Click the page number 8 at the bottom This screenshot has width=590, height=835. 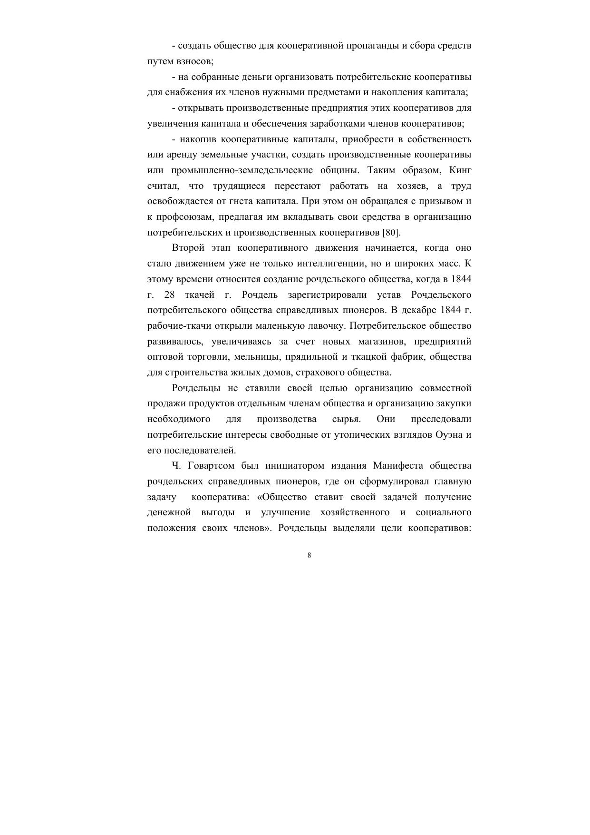tap(310, 555)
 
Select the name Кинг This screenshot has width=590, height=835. tap(460, 170)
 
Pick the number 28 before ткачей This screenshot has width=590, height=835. tap(169, 295)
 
